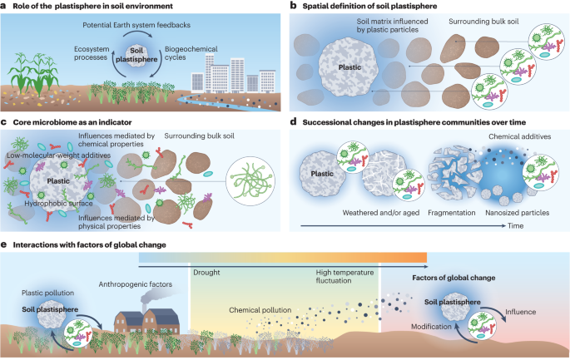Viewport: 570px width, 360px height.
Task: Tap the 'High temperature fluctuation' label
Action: pyautogui.click(x=344, y=277)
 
